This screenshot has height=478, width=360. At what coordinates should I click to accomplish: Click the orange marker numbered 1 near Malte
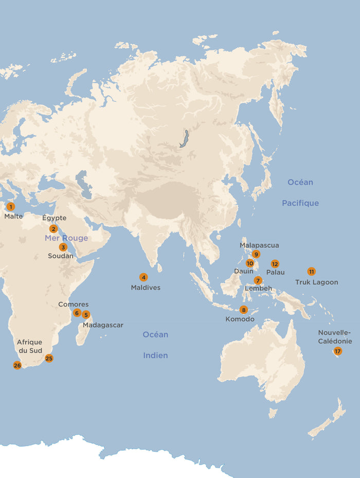click(x=10, y=207)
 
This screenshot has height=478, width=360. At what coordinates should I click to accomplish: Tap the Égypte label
click(x=54, y=218)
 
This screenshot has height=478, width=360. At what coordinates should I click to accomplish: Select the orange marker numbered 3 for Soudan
click(x=63, y=247)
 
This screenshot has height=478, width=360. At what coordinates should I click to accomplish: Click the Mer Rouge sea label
click(x=66, y=238)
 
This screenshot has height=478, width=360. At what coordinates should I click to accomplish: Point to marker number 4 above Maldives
click(x=143, y=277)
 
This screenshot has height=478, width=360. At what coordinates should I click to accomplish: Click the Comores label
click(x=73, y=305)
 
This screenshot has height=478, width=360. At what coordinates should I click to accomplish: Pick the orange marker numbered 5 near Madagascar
click(x=86, y=315)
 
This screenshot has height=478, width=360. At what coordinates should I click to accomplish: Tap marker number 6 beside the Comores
click(x=77, y=313)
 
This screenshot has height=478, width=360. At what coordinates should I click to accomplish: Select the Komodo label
click(x=240, y=319)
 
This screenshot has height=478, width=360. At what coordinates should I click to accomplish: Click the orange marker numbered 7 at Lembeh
click(x=258, y=280)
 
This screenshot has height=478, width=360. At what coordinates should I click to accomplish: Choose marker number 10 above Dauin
click(x=250, y=263)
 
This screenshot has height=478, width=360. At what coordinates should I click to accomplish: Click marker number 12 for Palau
click(x=275, y=264)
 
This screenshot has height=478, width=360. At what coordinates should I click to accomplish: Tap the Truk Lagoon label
click(x=316, y=282)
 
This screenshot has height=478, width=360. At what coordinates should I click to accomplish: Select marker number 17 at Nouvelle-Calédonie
click(x=337, y=351)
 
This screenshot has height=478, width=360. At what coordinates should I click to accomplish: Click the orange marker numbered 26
click(x=17, y=365)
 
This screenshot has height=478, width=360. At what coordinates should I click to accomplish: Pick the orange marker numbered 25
click(x=49, y=359)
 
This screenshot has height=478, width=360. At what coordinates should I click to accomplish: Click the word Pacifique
click(x=300, y=203)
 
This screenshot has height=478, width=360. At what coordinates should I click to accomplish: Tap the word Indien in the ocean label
click(x=155, y=356)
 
